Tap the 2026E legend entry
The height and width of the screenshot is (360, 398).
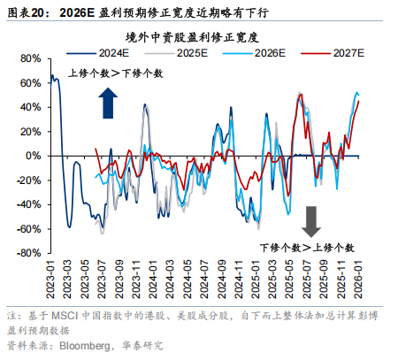tap(266, 53)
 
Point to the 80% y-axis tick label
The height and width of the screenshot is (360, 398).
tap(31, 59)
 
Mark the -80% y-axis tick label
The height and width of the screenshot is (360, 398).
tap(29, 253)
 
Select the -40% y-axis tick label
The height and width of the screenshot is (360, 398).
tap(29, 204)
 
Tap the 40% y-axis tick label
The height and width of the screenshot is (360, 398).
tap(31, 108)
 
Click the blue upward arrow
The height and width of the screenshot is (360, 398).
tap(108, 102)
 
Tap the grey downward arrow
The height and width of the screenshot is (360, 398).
tap(310, 219)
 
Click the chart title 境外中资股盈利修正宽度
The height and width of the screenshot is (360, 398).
tap(203, 36)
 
